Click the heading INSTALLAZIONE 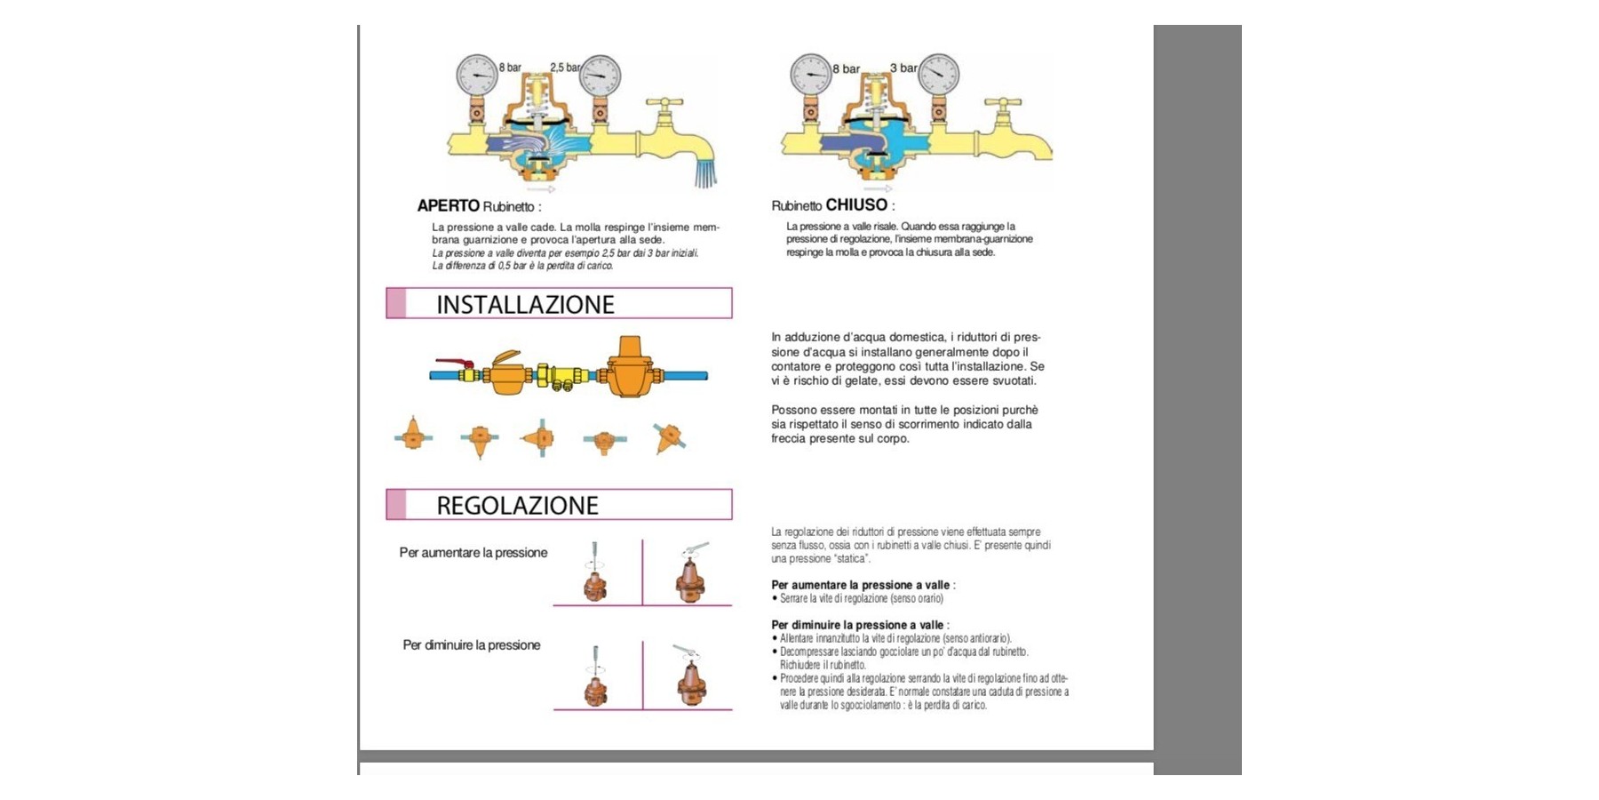[525, 305]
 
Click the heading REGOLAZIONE [517, 506]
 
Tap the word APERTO [449, 205]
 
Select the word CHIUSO [856, 204]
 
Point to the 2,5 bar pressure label [565, 68]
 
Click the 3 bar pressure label [903, 68]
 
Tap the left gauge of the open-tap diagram [478, 75]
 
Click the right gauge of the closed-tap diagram [938, 75]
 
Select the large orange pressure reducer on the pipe [629, 367]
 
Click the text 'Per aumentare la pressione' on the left [473, 553]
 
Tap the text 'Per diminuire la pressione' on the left [471, 645]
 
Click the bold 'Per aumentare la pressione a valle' [860, 585]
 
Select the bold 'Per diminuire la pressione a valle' [856, 625]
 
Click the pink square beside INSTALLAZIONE [396, 303]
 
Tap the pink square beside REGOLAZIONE [396, 504]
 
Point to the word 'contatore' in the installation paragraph [797, 366]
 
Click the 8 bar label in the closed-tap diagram [846, 68]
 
